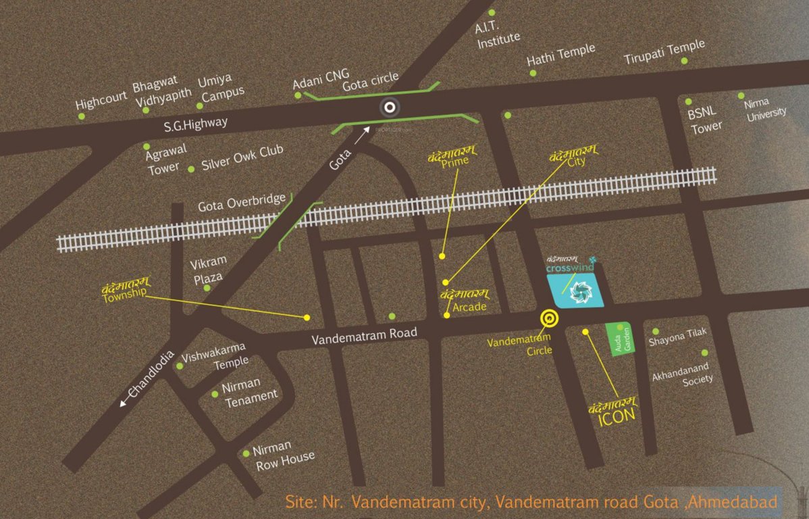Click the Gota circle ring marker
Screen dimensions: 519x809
[389, 107]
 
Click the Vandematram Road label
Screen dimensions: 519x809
[365, 335]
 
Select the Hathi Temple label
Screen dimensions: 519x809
[561, 53]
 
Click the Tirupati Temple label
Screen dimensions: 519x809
[664, 49]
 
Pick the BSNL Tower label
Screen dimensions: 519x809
[705, 120]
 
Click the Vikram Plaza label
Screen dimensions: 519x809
[208, 268]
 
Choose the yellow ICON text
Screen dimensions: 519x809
[617, 415]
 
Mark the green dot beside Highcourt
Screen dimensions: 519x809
[82, 116]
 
